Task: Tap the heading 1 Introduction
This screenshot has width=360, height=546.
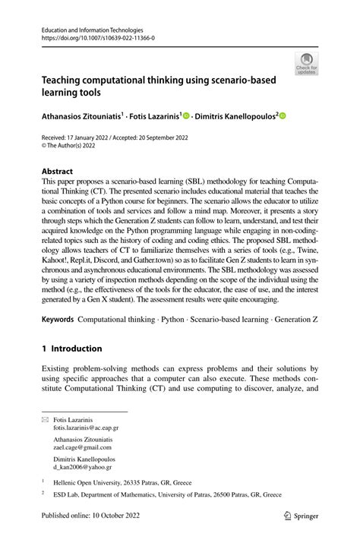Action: [x=72, y=349]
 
